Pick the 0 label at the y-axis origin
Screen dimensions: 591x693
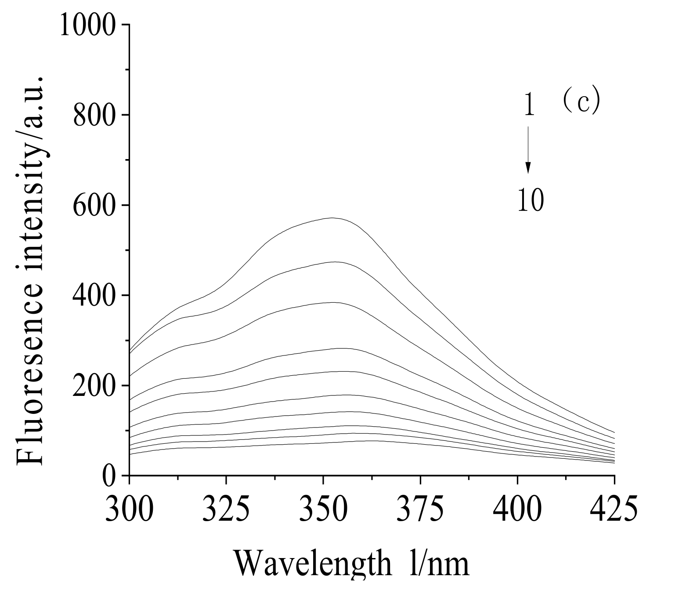click(109, 475)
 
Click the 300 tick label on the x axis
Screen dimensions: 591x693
click(129, 509)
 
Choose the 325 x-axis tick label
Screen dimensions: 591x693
click(226, 509)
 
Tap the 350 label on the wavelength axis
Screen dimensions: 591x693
click(323, 509)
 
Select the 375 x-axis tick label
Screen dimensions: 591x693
click(420, 509)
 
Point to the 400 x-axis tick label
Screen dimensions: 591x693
click(517, 509)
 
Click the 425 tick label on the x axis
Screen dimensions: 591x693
click(614, 509)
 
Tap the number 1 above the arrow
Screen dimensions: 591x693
click(529, 105)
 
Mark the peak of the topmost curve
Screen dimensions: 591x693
click(332, 218)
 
